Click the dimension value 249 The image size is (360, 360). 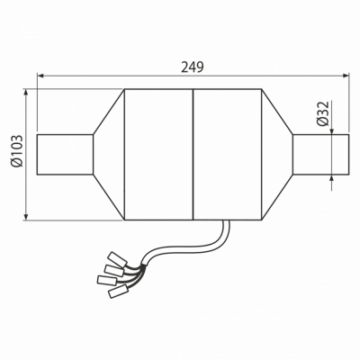[193, 67]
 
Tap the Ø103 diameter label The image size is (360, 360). [16, 150]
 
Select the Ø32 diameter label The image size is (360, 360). [323, 113]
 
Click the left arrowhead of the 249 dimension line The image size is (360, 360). [40, 76]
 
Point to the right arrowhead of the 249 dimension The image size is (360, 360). [346, 76]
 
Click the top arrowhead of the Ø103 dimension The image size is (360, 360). [26, 93]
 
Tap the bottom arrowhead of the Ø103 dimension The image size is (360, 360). [26, 216]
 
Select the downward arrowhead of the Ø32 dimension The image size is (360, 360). [332, 131]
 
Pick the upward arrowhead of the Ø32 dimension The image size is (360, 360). [332, 177]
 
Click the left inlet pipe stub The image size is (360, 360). [65, 155]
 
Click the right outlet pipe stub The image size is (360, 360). [321, 155]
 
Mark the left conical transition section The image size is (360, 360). [109, 155]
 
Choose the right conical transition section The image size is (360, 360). [277, 155]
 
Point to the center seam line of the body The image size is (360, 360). [193, 155]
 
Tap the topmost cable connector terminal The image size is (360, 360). [118, 258]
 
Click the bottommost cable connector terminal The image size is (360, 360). [118, 292]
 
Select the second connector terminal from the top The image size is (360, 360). [114, 270]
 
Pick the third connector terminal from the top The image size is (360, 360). [107, 280]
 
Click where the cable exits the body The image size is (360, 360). [226, 221]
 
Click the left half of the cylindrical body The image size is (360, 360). [158, 155]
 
